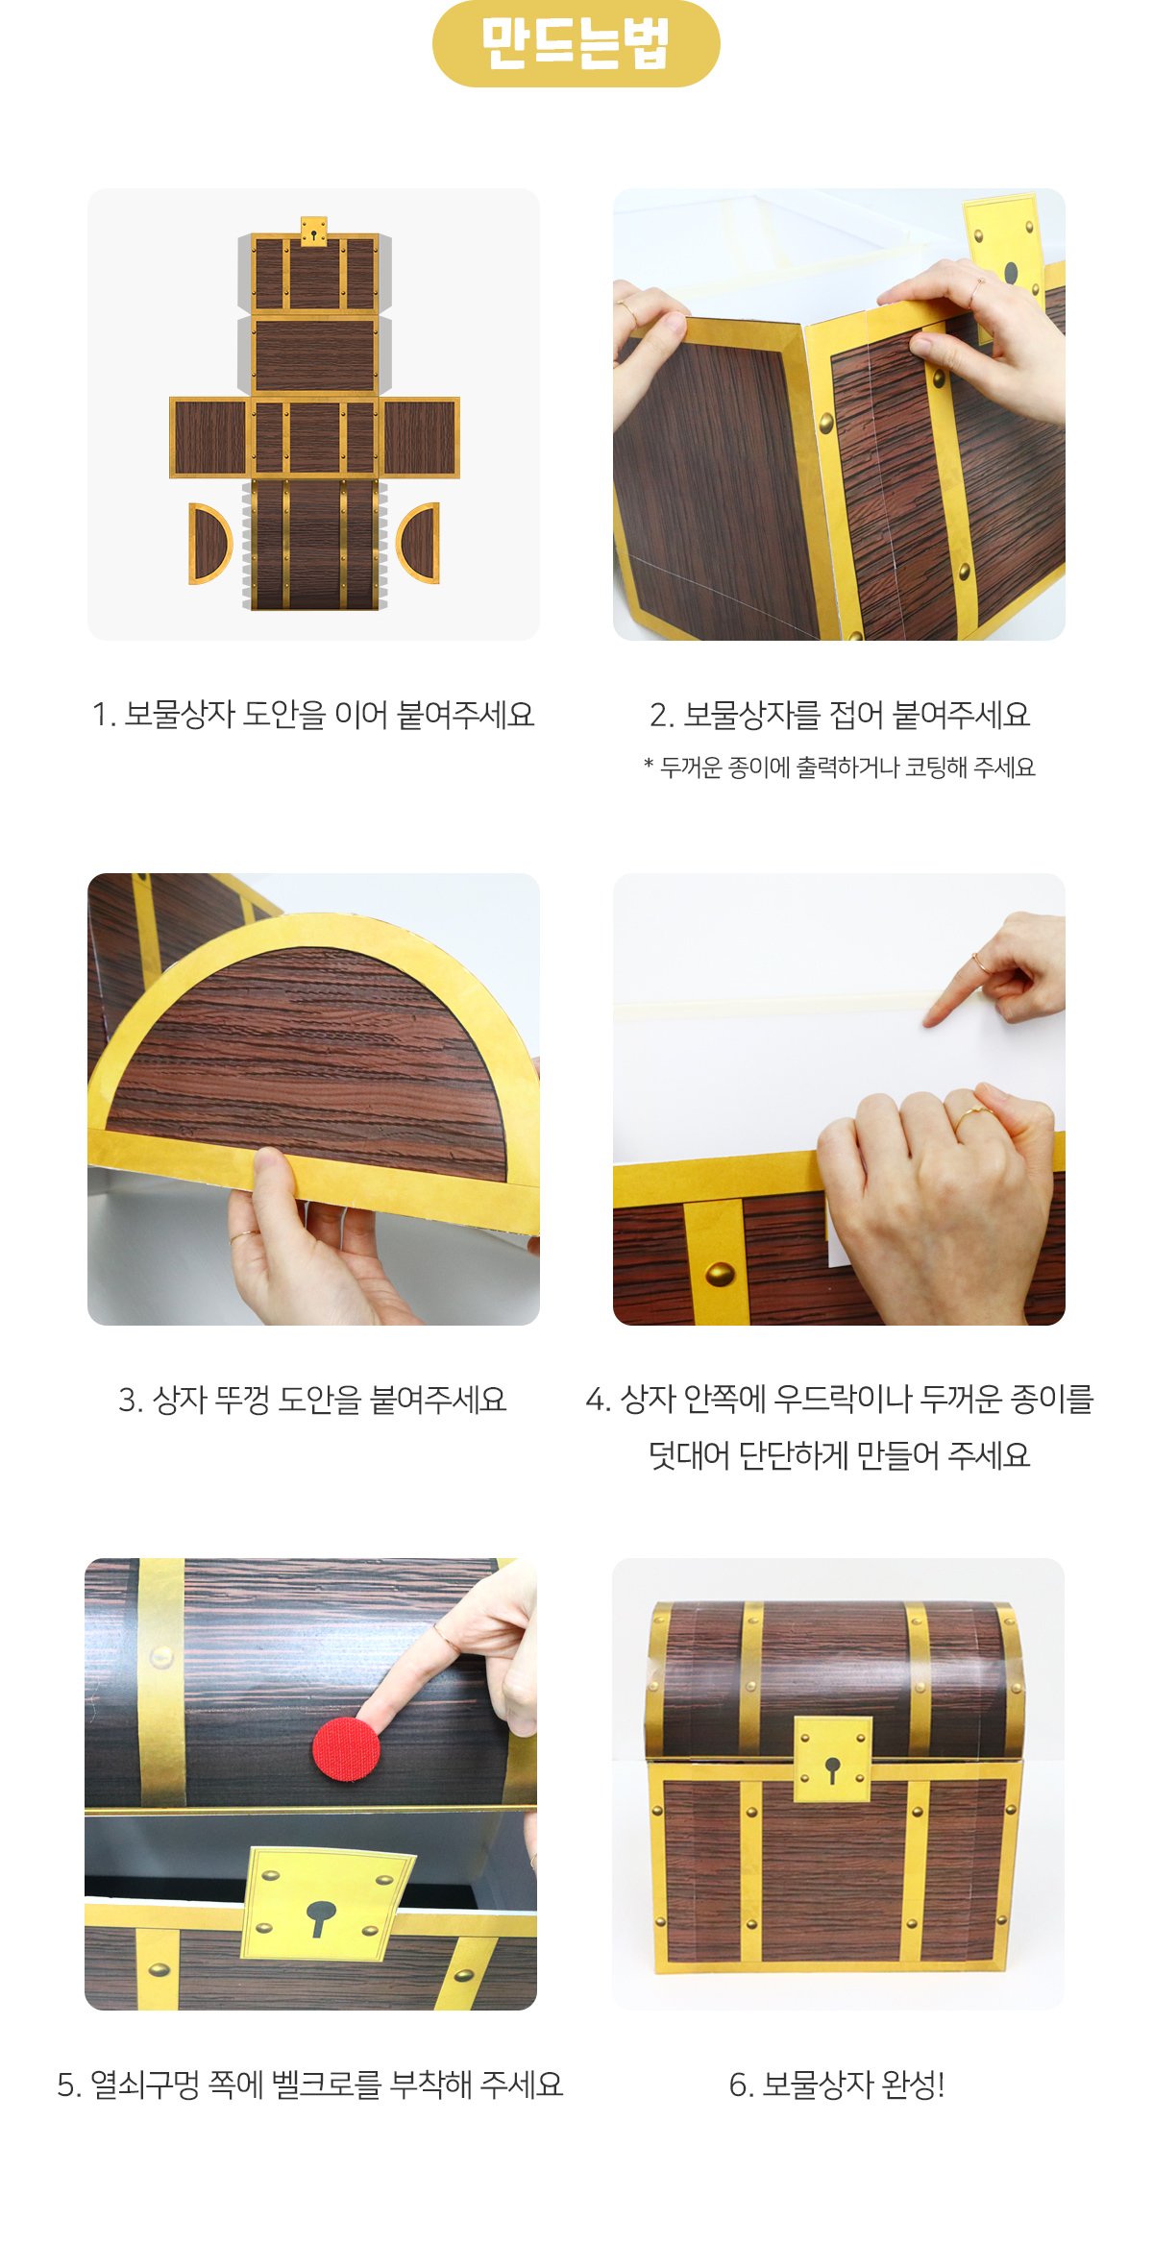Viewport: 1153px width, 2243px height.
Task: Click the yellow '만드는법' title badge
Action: pos(576,43)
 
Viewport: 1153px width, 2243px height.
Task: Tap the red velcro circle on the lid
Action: pos(346,1748)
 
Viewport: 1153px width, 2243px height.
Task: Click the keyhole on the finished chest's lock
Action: pos(832,1768)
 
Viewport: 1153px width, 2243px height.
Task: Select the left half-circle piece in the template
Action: pos(209,544)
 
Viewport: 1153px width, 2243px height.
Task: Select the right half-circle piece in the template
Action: pos(419,544)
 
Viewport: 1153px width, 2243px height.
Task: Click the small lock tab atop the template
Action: pos(313,232)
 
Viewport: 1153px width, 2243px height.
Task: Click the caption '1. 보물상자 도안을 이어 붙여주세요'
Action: pos(313,715)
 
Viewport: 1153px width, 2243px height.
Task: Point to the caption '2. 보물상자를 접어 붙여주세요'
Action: pos(839,715)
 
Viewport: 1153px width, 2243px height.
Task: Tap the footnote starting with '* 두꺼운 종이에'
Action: pos(839,768)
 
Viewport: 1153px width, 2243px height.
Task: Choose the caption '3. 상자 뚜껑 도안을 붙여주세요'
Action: pos(313,1400)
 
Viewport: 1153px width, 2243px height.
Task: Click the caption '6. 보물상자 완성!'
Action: pos(837,2085)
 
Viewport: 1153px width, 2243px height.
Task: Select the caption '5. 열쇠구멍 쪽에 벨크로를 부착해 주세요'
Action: pos(310,2085)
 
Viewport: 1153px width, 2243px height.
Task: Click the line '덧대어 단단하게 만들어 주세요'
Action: pos(839,1455)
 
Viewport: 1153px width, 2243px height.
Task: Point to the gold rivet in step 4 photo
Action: pos(720,1274)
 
